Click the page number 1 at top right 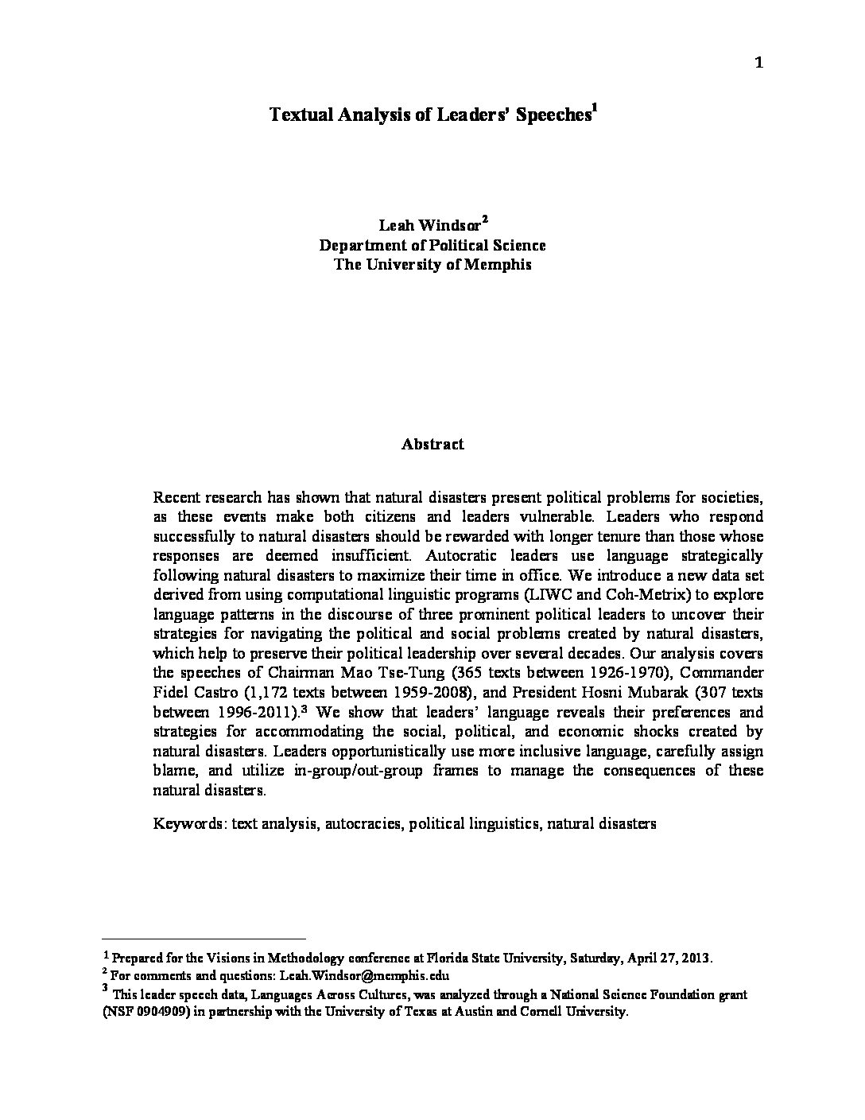(x=758, y=64)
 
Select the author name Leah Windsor (x=429, y=226)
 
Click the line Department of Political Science (x=432, y=245)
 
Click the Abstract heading (x=432, y=444)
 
